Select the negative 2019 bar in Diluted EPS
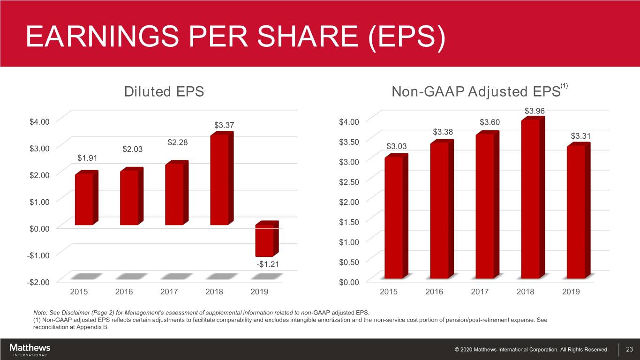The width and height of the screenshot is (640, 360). coord(264,240)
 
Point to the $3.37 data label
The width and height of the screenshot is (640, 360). coord(224,125)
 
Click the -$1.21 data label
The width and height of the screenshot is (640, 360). coord(268,264)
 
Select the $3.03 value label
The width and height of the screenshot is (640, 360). coord(396,147)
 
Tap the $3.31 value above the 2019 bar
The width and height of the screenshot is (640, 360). coord(580,136)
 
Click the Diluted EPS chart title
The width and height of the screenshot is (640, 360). coord(164,91)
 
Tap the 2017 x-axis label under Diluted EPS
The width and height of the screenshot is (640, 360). coord(169,292)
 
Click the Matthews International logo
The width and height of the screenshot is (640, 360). coord(30,350)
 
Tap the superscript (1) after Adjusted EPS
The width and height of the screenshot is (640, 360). coord(565,86)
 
